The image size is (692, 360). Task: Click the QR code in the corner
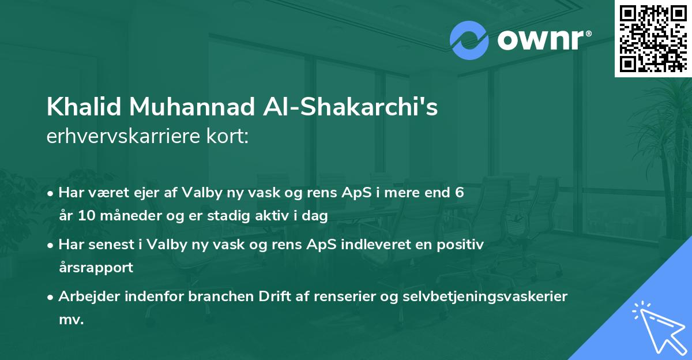tap(653, 38)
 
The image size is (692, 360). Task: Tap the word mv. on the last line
tap(71, 320)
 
